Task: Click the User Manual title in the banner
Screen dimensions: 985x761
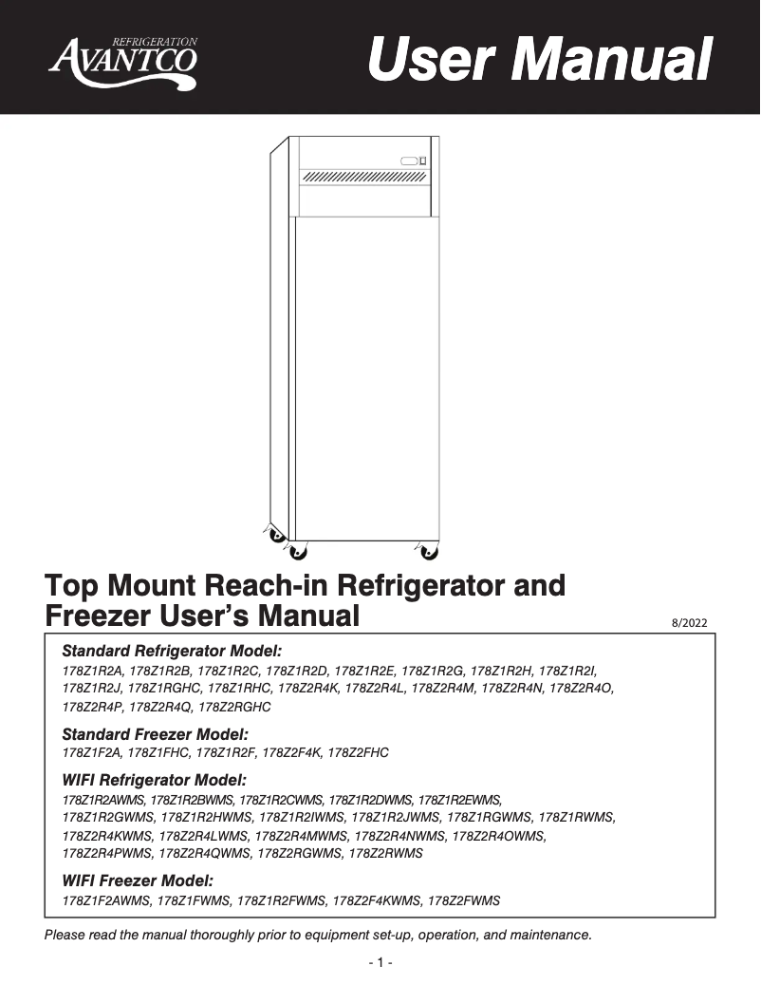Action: (539, 59)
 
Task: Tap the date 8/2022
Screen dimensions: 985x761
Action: (688, 623)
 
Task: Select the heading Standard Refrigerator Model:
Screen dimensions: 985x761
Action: (172, 652)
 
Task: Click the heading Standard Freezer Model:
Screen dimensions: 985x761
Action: (155, 734)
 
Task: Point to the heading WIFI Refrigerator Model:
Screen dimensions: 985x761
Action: (154, 780)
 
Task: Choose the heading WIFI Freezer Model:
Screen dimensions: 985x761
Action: (138, 881)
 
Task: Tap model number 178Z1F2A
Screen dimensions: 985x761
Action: (90, 752)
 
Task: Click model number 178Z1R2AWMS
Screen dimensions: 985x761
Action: (103, 799)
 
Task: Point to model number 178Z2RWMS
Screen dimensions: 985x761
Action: (385, 853)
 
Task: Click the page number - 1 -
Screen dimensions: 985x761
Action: (380, 963)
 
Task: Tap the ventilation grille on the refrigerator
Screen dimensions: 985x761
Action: (362, 177)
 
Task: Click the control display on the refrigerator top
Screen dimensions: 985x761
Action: (413, 160)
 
